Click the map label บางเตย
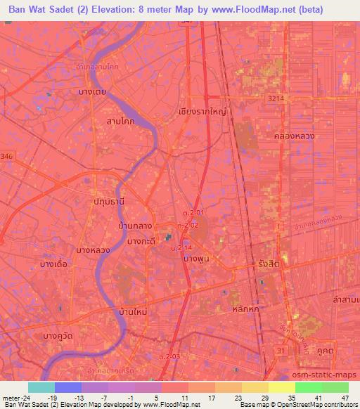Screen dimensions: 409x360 coord(92,92)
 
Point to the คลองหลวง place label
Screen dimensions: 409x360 coord(295,136)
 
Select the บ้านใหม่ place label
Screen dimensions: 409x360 coord(136,310)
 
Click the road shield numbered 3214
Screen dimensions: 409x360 coord(276,100)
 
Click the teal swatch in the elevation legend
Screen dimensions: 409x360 coord(41,387)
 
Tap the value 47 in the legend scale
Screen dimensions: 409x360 coord(344,398)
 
